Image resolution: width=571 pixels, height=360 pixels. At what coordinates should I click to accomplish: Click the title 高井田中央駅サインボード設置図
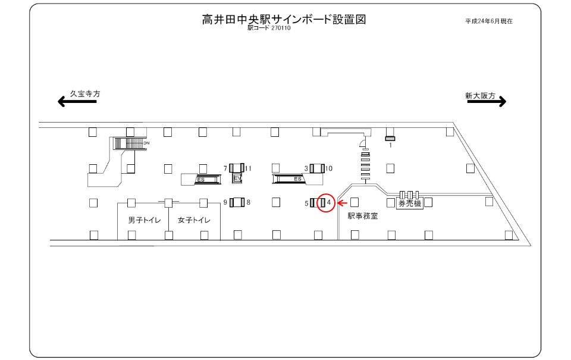click(284, 19)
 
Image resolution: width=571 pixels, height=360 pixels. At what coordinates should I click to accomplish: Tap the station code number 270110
click(281, 28)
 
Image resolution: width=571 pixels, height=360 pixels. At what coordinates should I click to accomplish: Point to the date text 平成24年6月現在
click(489, 21)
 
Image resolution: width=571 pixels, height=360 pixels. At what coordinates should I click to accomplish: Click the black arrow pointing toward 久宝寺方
click(77, 101)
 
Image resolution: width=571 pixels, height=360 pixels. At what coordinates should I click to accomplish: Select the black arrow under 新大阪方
click(487, 101)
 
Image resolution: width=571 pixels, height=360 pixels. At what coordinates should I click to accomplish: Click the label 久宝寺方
click(85, 93)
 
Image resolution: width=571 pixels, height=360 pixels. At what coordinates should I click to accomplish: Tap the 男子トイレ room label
click(144, 220)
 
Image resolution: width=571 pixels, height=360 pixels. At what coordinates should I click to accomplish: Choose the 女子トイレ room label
click(194, 220)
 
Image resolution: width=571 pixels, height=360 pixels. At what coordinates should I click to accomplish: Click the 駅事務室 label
click(363, 216)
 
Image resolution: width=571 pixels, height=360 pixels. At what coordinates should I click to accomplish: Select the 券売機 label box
click(410, 204)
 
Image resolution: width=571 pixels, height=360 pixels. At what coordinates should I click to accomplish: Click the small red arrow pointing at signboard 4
click(343, 203)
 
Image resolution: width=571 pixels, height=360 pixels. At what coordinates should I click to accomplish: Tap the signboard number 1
click(390, 145)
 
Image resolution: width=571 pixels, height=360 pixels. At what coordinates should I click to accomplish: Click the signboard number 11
click(248, 168)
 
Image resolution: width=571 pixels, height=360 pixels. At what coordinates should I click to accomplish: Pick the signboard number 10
click(328, 168)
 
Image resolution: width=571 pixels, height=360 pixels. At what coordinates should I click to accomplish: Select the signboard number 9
click(225, 202)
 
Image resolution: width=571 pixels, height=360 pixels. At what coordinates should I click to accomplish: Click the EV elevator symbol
click(237, 178)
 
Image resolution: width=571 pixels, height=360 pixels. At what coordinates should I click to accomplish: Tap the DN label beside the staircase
click(146, 143)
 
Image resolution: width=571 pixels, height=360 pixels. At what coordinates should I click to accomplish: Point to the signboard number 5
click(306, 204)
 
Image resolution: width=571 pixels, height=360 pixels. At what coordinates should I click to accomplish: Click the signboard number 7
click(225, 168)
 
